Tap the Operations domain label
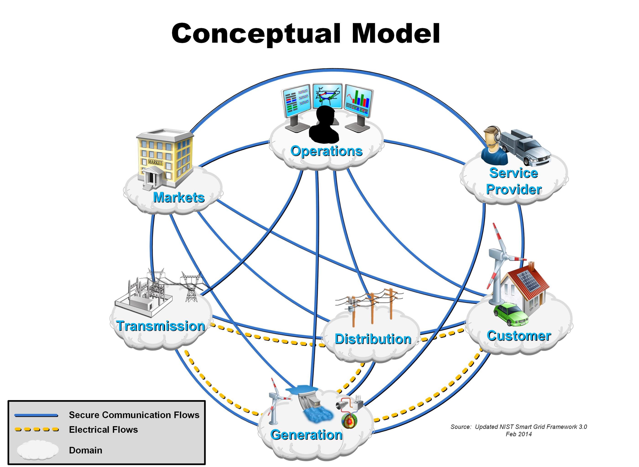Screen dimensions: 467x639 click(326, 151)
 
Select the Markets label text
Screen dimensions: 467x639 click(179, 197)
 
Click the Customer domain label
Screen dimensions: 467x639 click(519, 336)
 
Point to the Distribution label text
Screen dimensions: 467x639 click(373, 339)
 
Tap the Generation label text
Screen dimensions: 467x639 click(306, 435)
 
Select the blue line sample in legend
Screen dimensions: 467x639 click(36, 415)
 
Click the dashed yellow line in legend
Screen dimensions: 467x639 click(36, 430)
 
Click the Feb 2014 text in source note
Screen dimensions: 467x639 click(519, 434)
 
